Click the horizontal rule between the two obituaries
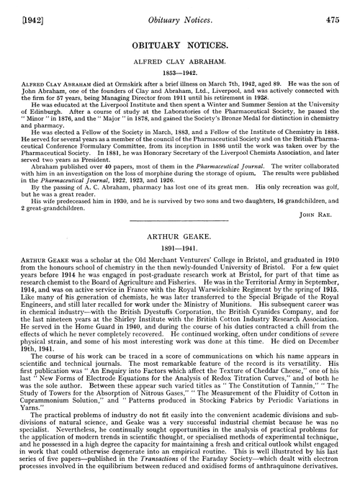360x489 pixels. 179,245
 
